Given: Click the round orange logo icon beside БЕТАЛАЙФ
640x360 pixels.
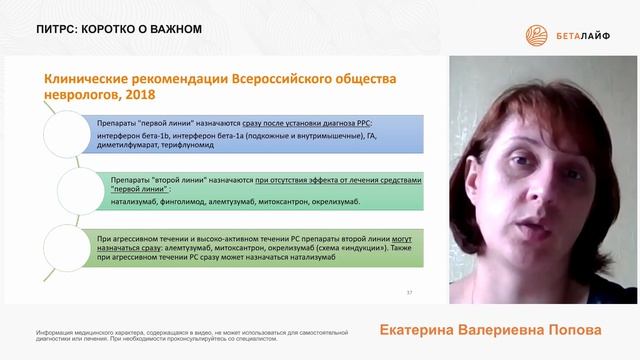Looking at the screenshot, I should click(539, 36).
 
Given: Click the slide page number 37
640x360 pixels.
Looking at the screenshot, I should click(408, 292).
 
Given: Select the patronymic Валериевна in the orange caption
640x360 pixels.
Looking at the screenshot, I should click(513, 329).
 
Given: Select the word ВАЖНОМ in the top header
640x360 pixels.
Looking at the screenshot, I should click(167, 29).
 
